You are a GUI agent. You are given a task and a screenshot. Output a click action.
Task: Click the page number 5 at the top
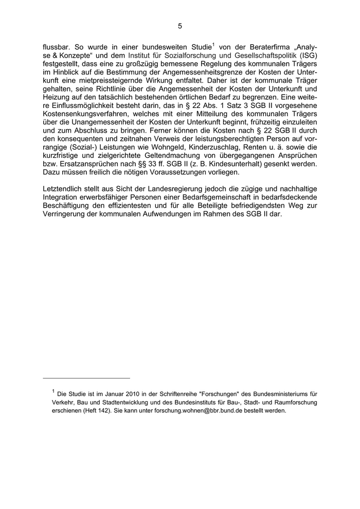(x=180, y=25)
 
